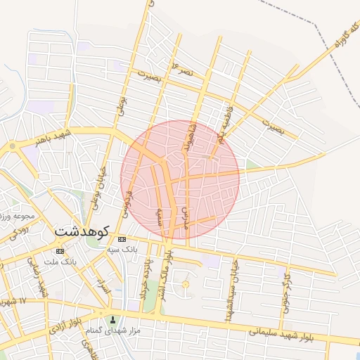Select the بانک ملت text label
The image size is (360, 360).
[59, 262]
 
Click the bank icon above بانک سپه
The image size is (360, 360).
[123, 240]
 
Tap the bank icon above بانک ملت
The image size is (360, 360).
[60, 250]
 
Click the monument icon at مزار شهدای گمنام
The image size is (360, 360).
[112, 321]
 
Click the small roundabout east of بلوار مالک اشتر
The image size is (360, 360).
[186, 284]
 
